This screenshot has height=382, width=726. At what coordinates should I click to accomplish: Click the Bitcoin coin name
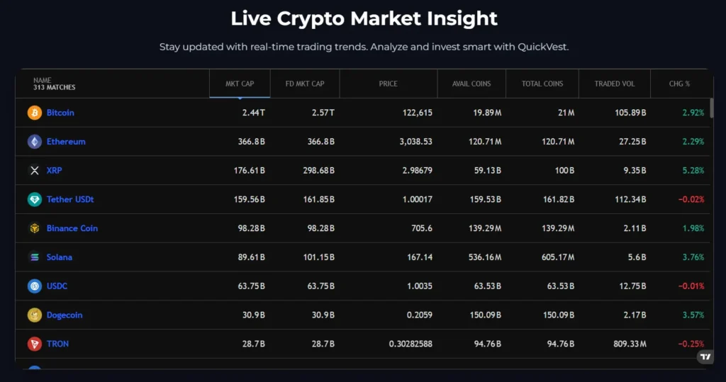pyautogui.click(x=60, y=113)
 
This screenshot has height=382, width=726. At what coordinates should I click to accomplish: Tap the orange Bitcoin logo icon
pyautogui.click(x=34, y=113)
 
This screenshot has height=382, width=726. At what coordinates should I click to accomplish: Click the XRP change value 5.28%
pyautogui.click(x=692, y=171)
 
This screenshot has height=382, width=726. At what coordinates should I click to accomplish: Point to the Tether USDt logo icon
pyautogui.click(x=34, y=200)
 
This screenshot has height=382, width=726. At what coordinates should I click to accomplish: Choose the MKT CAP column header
pyautogui.click(x=240, y=84)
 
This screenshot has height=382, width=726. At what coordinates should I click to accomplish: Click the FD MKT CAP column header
pyautogui.click(x=305, y=84)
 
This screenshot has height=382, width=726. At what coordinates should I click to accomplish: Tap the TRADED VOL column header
pyautogui.click(x=615, y=84)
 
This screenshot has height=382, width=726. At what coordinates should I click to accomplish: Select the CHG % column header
pyautogui.click(x=679, y=84)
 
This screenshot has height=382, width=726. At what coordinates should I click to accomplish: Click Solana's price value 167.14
pyautogui.click(x=418, y=257)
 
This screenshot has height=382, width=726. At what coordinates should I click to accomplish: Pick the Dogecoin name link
pyautogui.click(x=65, y=315)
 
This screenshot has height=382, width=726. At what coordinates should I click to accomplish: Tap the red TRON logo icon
pyautogui.click(x=34, y=344)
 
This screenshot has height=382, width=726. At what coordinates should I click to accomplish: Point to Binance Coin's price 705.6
pyautogui.click(x=420, y=228)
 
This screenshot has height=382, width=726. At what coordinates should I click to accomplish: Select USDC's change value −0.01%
pyautogui.click(x=691, y=286)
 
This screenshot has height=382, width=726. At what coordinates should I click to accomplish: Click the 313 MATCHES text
pyautogui.click(x=54, y=88)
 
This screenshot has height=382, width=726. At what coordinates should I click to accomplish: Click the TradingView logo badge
pyautogui.click(x=705, y=356)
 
